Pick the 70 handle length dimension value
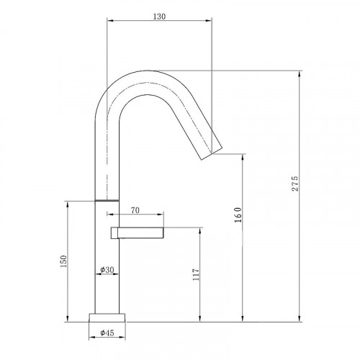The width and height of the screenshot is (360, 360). [135, 212]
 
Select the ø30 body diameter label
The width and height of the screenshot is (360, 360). [106, 271]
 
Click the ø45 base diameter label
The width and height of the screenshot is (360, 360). [106, 333]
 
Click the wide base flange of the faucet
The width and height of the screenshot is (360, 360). [106, 318]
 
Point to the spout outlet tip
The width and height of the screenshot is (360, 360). [209, 146]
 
